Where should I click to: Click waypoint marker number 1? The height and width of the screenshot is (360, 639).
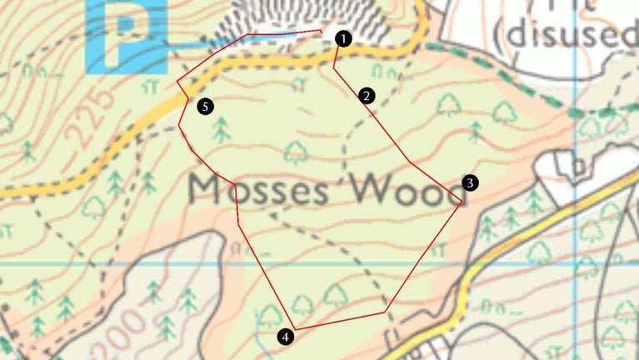(x=343, y=37)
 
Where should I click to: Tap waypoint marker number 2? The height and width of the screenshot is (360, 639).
(x=367, y=96)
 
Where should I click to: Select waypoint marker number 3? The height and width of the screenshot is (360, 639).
(x=470, y=182)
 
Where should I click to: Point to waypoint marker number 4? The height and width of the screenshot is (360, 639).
(x=286, y=337)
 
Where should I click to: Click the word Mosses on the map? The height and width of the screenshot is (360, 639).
(x=259, y=191)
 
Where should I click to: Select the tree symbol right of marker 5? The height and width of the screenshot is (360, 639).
(x=222, y=128)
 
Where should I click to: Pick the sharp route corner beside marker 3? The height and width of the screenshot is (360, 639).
(x=462, y=201)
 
